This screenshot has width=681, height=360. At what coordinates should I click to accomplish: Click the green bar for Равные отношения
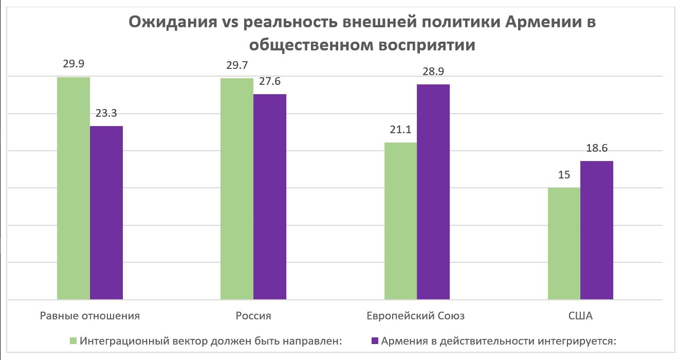pos(73,188)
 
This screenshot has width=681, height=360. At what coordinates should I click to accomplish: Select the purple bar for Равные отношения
pos(106,212)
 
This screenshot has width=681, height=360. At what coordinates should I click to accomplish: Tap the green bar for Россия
pos(237,188)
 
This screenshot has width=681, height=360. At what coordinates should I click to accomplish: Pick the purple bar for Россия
pos(270,196)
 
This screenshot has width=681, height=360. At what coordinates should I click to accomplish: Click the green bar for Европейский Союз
pos(400,221)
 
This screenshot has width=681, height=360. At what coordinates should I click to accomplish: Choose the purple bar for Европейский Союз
pos(433,191)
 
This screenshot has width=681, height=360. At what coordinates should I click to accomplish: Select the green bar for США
pos(564,243)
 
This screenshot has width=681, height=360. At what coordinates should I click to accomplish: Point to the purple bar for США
pos(597,230)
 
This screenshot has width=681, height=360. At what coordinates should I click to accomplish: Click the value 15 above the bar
pos(564,175)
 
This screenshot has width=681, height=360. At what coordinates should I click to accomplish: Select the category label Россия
pos(253,316)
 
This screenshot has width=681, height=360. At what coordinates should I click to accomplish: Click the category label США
pos(581,316)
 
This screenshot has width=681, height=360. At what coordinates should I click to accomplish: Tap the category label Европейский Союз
pos(416,316)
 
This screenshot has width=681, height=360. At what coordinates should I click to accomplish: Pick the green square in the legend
pos(73,341)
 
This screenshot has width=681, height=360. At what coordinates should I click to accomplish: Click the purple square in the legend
pos(374,341)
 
